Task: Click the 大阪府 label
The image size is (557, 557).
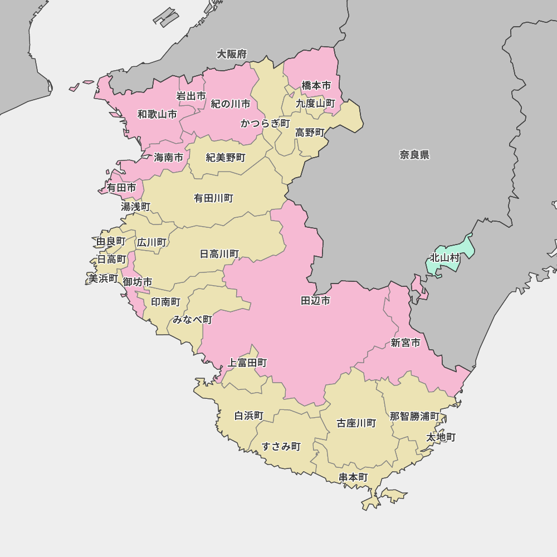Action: pos(232,54)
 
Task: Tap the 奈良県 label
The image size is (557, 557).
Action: pos(414,155)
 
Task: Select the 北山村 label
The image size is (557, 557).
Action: pos(444,258)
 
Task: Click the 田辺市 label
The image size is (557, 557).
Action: pos(315,301)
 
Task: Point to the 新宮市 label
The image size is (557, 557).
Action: pos(405,343)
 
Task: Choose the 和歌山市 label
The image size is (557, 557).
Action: pos(157,114)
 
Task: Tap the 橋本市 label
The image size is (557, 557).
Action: pos(316,85)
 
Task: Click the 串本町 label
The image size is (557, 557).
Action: pos(353,477)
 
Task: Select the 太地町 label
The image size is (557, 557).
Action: pos(441,437)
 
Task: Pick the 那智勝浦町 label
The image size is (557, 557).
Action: pos(414,416)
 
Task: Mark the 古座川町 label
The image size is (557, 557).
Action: pos(356,423)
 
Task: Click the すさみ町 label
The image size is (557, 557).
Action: pos(281,446)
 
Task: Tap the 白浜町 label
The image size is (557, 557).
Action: pos(248,416)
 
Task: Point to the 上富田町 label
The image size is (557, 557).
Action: pos(247,363)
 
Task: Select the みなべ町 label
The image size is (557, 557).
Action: pos(192,320)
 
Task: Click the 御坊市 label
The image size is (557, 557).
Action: pos(138,282)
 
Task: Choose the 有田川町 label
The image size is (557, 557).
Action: pos(213,198)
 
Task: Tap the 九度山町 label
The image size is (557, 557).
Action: pos(315,103)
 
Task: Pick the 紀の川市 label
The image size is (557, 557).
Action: pos(230,104)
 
